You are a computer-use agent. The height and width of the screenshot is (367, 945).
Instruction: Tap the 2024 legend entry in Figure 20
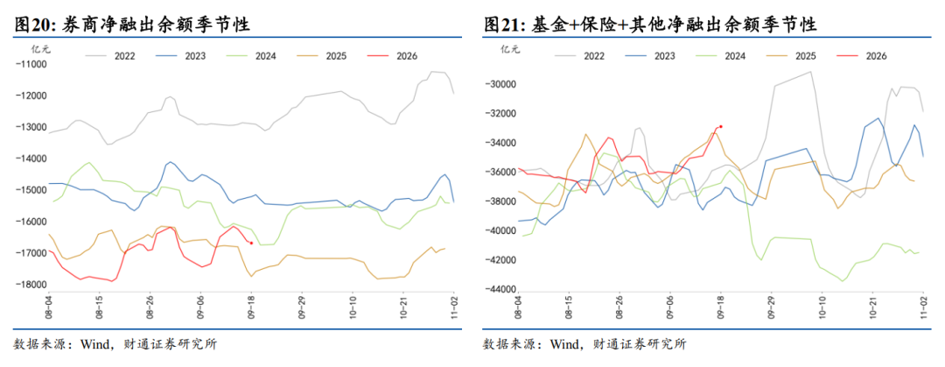[x=251, y=56]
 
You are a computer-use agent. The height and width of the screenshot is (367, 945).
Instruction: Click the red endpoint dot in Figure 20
[x=251, y=243]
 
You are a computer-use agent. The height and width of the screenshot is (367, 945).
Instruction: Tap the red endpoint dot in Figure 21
[x=721, y=127]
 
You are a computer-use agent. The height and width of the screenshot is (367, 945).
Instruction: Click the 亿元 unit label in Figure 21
[x=510, y=49]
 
